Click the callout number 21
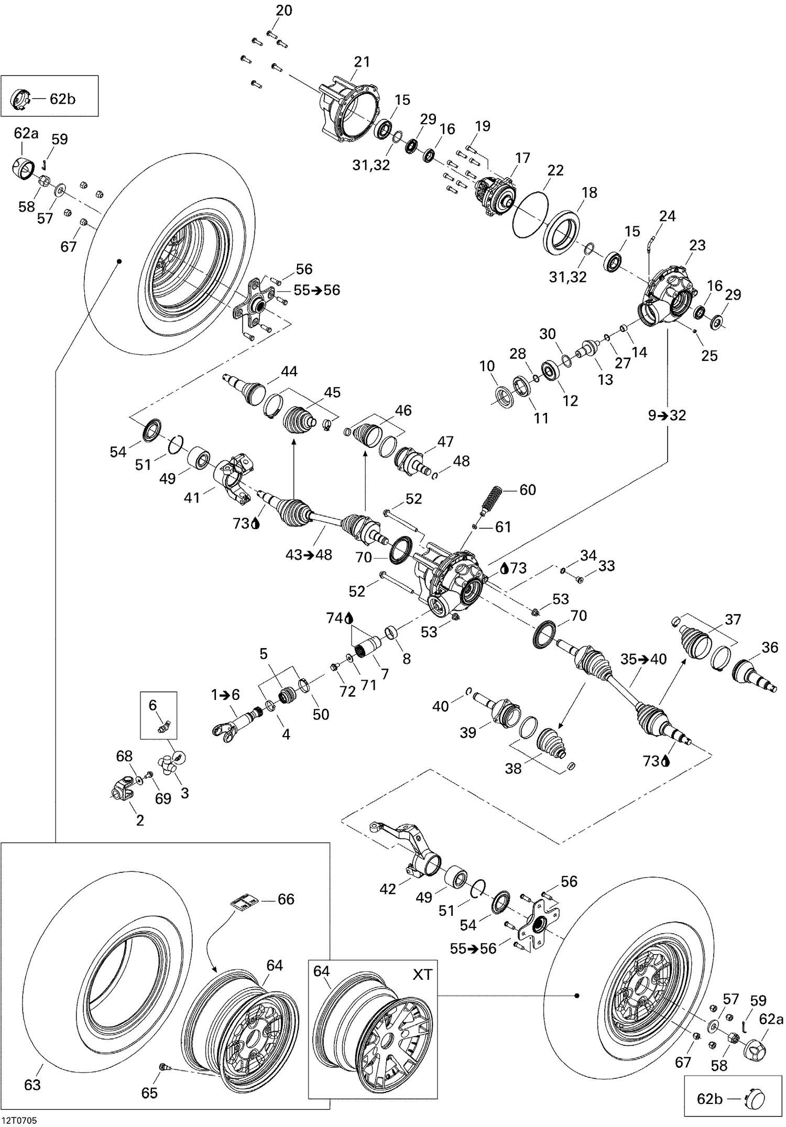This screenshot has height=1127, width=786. [x=362, y=62]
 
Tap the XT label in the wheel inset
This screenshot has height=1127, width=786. [x=422, y=975]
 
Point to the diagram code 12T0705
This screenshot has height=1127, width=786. [x=19, y=1121]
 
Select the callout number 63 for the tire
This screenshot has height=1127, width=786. [x=32, y=1085]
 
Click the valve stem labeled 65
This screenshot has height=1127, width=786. [x=163, y=1066]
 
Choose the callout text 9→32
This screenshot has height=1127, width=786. [x=667, y=415]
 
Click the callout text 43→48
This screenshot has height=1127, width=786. [x=309, y=554]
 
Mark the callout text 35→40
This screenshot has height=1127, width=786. [x=643, y=659]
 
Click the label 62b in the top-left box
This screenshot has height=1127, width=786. [x=62, y=99]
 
